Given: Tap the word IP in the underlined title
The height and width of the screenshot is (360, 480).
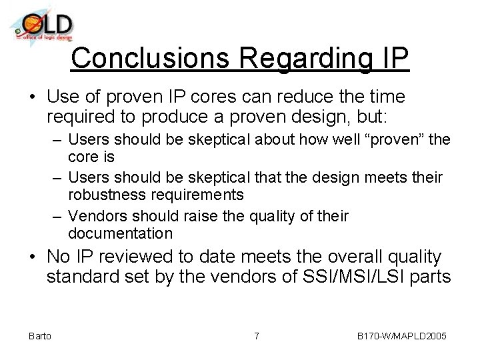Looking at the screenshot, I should coord(393,58).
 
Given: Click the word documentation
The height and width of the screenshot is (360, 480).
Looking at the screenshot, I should coord(120,233).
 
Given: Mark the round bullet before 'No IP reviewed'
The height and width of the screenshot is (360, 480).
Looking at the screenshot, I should coord(33,257).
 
